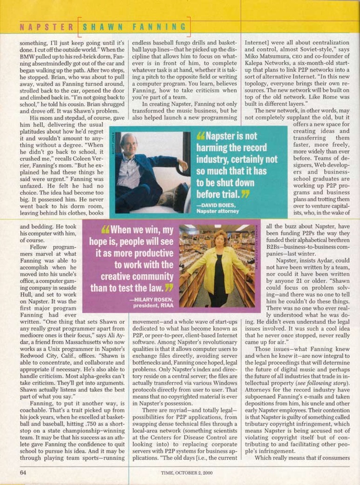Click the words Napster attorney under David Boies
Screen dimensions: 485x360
click(x=218, y=210)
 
